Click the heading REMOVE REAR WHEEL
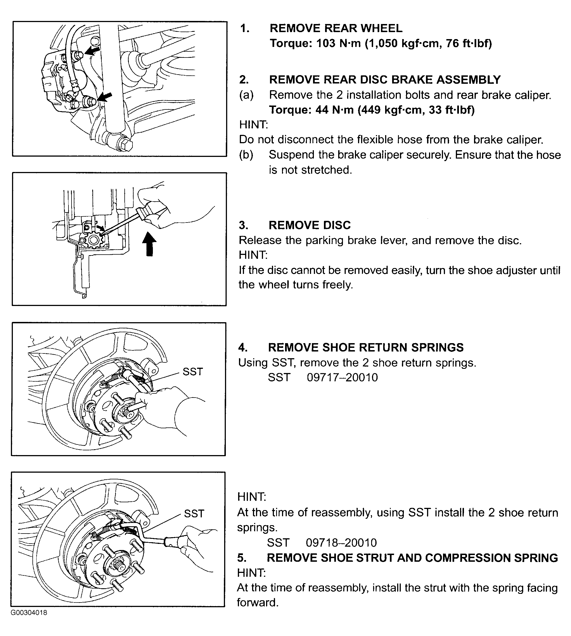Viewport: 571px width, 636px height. [336, 28]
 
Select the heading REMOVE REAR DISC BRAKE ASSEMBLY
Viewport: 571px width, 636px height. [385, 80]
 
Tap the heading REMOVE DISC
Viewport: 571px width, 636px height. [309, 225]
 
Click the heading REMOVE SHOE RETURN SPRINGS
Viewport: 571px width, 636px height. [366, 347]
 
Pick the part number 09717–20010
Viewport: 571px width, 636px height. [342, 377]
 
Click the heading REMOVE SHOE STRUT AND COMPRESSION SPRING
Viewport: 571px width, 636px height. [412, 558]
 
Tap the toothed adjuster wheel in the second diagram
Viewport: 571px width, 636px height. [94, 240]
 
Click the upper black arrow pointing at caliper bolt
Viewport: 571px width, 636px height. [93, 51]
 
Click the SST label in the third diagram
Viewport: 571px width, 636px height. [193, 372]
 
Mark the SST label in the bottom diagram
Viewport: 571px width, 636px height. [194, 514]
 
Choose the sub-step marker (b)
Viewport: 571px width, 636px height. [246, 155]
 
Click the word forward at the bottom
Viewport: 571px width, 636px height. [258, 602]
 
